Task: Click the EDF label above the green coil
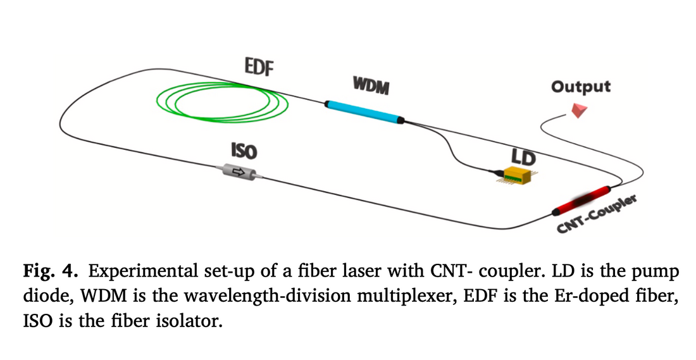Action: point(259,66)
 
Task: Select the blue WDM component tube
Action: point(364,109)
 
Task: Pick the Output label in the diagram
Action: point(580,87)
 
